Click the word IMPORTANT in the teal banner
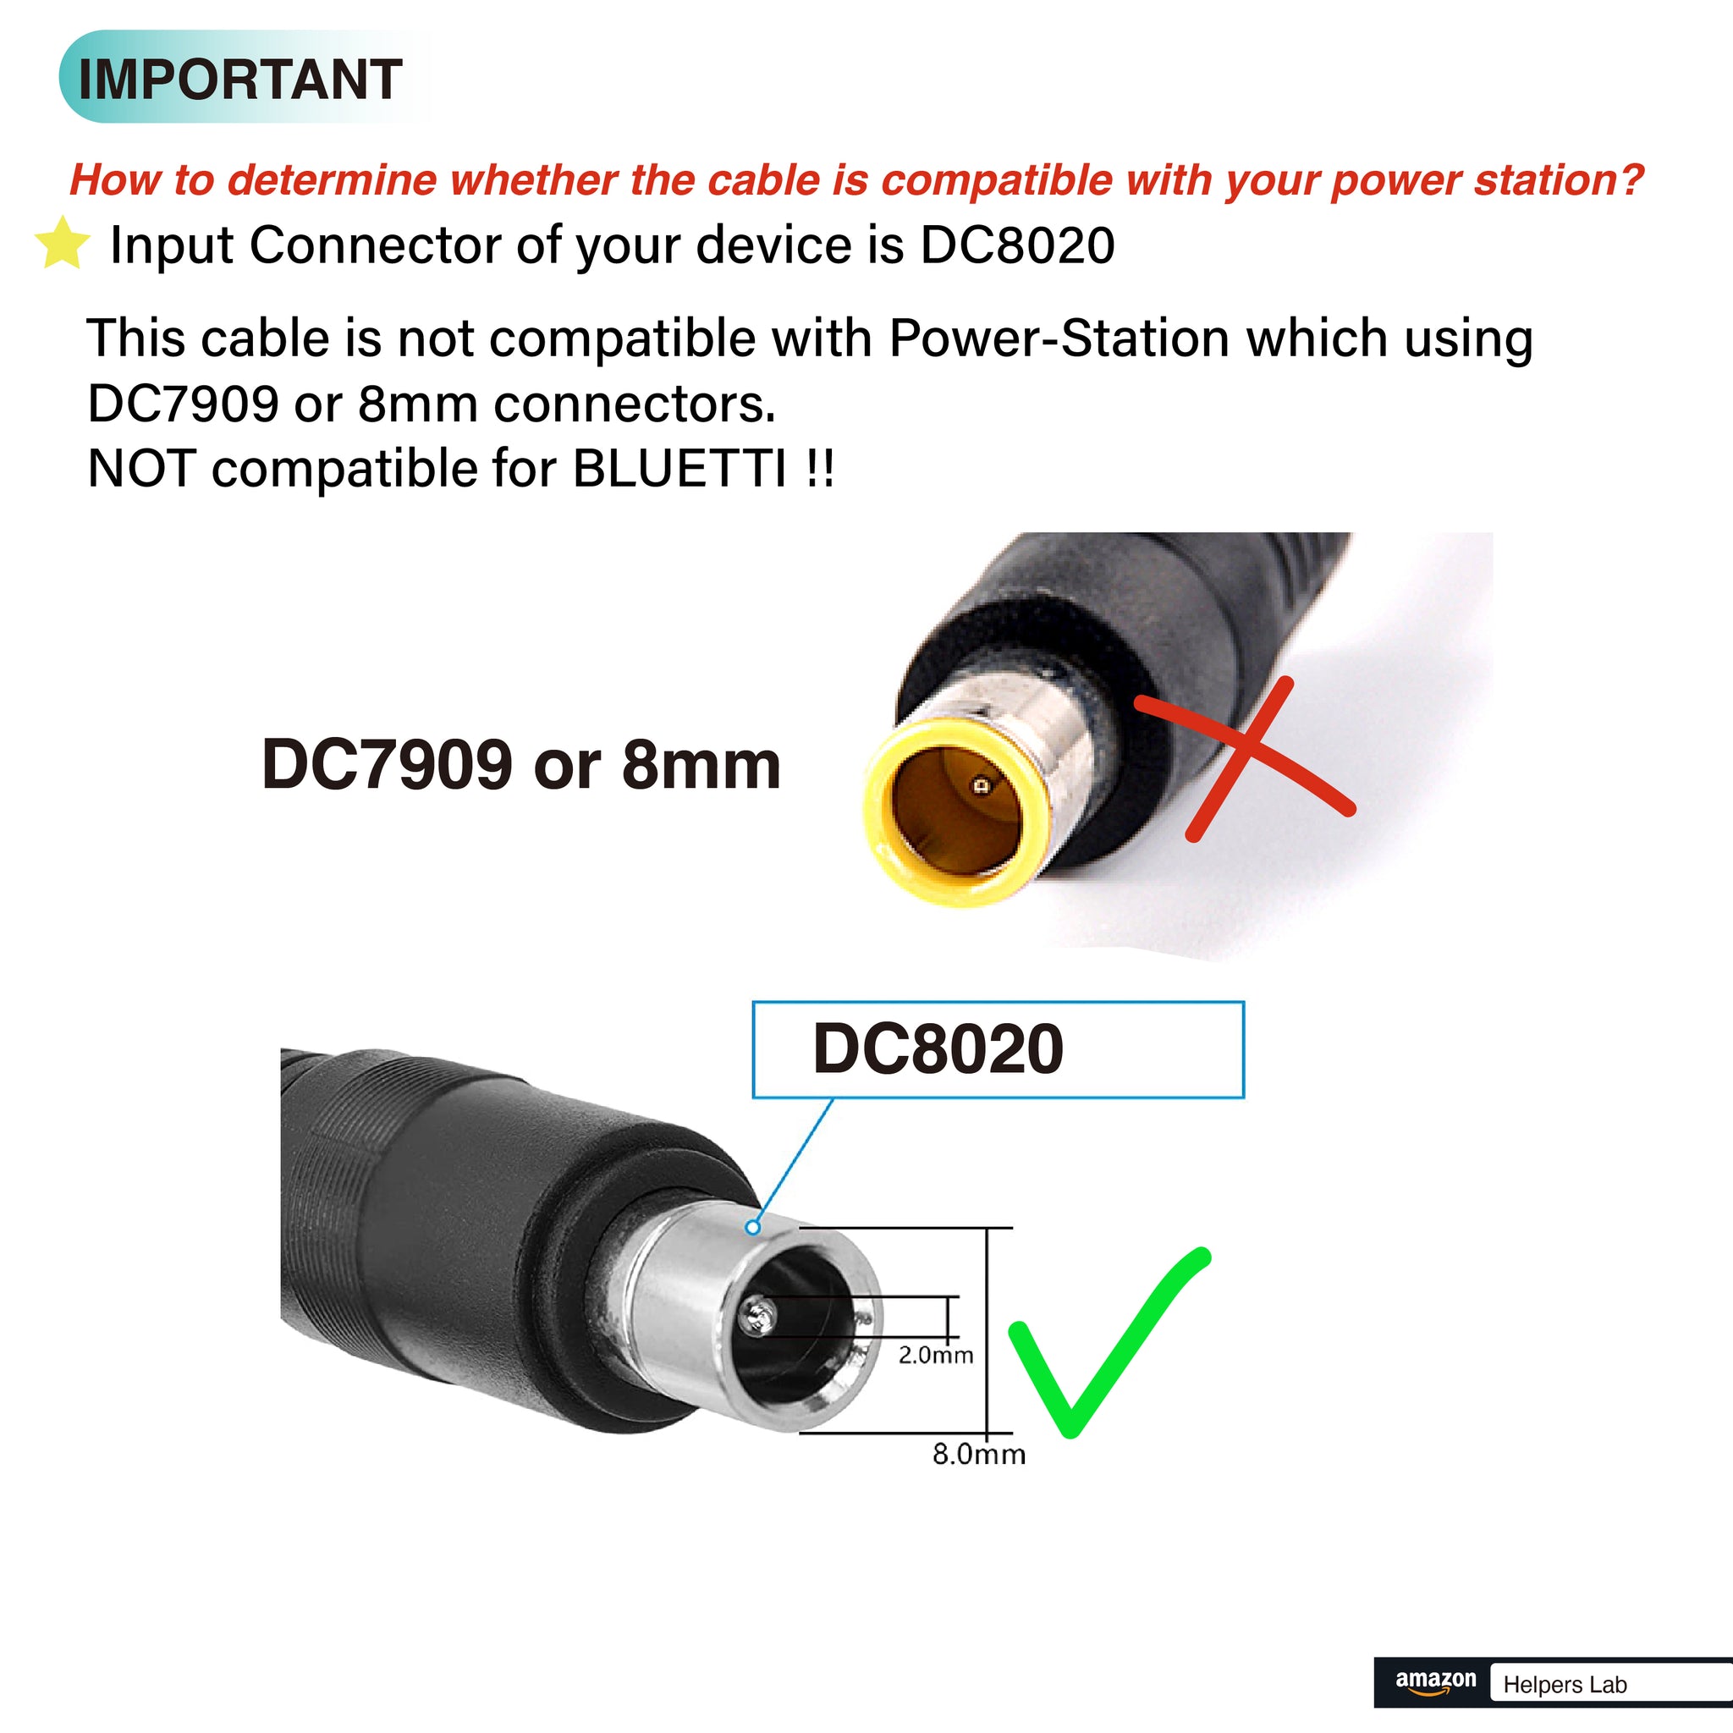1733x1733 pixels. click(240, 79)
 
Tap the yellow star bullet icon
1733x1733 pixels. click(62, 243)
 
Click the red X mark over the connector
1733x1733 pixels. click(1245, 759)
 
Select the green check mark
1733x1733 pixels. click(1109, 1342)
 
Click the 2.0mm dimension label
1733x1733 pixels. click(936, 1355)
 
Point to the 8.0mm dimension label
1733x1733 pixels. click(979, 1454)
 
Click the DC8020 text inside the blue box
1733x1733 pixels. click(938, 1048)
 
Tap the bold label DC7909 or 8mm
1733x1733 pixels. click(521, 764)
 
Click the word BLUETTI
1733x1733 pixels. click(679, 468)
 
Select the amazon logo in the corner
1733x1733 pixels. click(1435, 1682)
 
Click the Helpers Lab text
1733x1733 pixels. click(1565, 1685)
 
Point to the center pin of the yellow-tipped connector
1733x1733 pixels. click(982, 786)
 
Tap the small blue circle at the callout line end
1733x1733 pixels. click(753, 1227)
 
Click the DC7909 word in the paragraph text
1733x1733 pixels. click(183, 404)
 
